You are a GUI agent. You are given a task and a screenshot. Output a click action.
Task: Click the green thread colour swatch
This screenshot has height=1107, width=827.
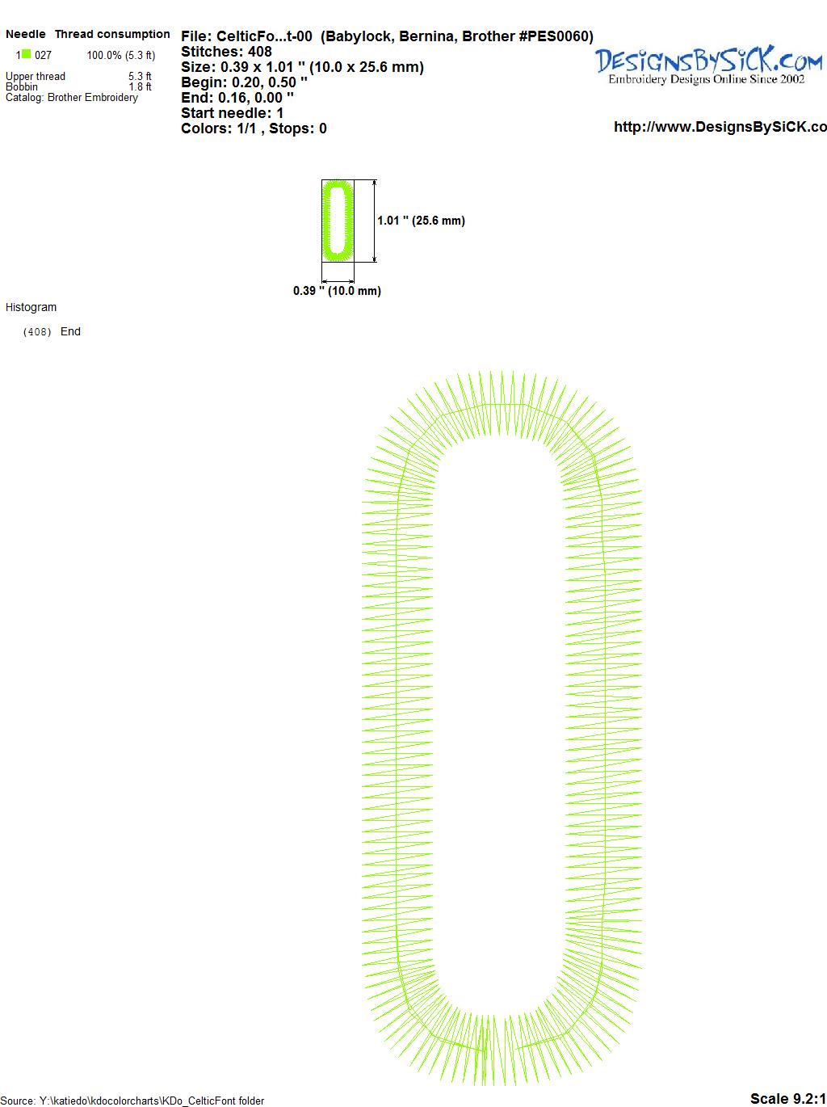click(26, 54)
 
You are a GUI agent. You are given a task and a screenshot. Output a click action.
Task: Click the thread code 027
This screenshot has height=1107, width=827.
click(43, 55)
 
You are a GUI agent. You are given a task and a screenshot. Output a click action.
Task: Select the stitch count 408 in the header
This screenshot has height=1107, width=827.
click(259, 52)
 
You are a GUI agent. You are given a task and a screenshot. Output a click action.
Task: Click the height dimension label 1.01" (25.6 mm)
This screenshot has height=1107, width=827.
click(422, 221)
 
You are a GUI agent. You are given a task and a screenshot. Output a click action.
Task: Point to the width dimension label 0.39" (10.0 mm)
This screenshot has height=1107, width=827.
click(337, 291)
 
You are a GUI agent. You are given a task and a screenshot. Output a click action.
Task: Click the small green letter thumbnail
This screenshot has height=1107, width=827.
click(338, 221)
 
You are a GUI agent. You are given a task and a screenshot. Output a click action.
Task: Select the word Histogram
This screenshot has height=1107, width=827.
click(31, 307)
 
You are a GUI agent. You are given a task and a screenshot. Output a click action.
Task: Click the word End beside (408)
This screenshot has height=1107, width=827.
click(70, 331)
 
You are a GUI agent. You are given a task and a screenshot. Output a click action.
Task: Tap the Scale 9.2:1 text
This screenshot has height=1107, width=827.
click(788, 1098)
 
